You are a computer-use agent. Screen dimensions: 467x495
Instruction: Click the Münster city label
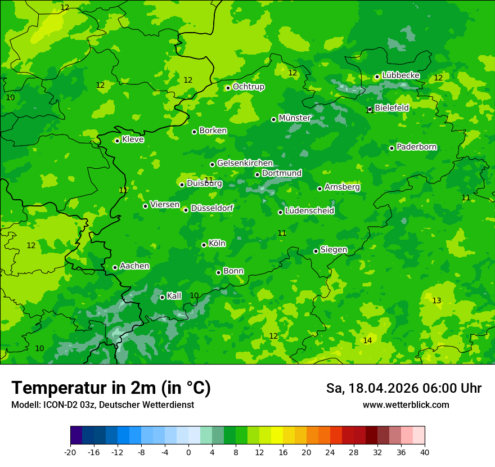(x=295, y=118)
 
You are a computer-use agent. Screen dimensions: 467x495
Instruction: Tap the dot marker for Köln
(x=204, y=245)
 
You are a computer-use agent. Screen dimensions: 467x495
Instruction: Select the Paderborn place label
(x=417, y=147)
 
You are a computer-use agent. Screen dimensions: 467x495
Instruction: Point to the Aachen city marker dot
(x=115, y=267)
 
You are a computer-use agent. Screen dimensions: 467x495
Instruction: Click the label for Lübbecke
(x=400, y=75)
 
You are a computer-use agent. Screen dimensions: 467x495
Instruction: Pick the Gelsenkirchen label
(x=245, y=163)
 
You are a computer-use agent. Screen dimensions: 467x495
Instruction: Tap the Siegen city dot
(x=316, y=251)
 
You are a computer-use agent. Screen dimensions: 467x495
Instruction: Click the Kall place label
(x=174, y=296)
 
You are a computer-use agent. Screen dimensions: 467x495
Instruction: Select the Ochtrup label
(x=249, y=87)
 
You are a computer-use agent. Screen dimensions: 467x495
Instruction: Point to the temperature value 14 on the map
(x=367, y=340)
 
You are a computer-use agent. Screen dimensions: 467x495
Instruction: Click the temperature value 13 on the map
(x=436, y=300)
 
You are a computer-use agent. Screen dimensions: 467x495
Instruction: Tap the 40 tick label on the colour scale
(x=425, y=452)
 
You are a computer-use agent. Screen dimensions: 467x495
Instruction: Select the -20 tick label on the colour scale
(x=70, y=452)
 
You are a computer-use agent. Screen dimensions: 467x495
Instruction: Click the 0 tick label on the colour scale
(x=188, y=452)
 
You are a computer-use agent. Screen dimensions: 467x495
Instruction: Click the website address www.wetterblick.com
(x=406, y=405)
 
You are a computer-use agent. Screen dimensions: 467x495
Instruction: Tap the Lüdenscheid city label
(x=309, y=211)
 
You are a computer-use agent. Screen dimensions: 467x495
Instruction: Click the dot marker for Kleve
(x=117, y=141)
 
